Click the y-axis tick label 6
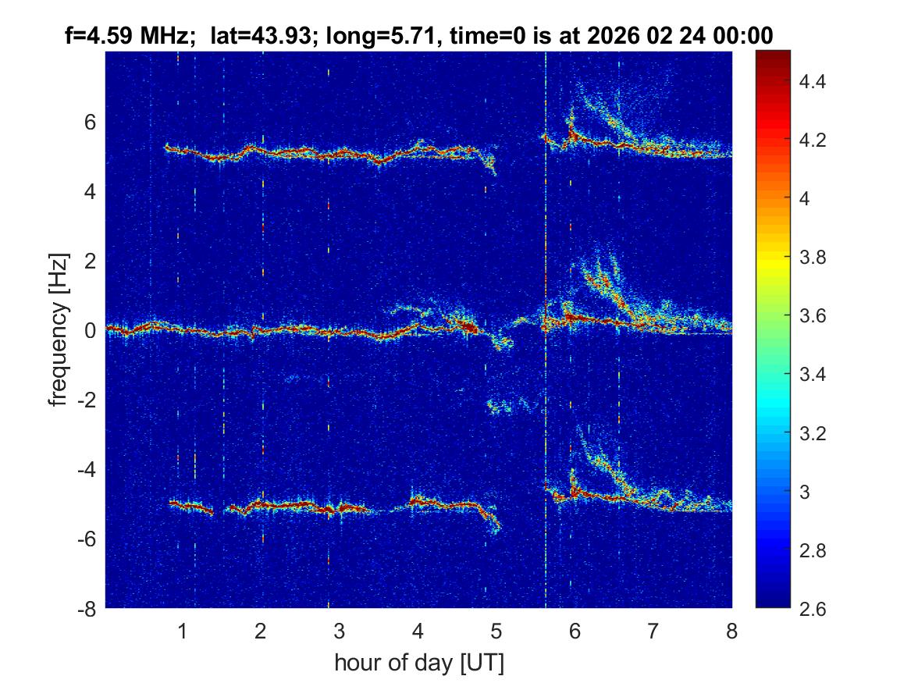coord(90,122)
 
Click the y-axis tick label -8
coord(87,609)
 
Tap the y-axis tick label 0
coord(90,330)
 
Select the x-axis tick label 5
coord(496,631)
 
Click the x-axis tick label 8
coord(731,631)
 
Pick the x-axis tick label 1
coord(183,631)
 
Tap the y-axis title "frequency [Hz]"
coord(59,329)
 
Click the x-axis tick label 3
coord(340,631)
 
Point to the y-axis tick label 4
coord(90,191)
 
